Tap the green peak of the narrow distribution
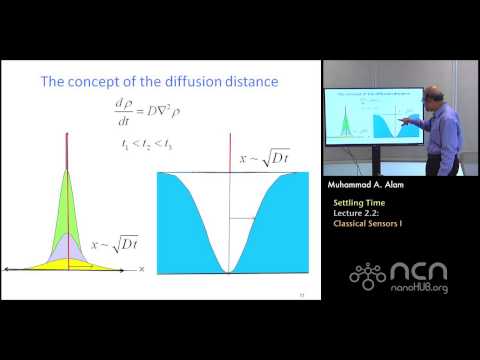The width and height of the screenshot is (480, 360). pyautogui.click(x=67, y=200)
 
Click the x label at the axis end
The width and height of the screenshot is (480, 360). pyautogui.click(x=142, y=269)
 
